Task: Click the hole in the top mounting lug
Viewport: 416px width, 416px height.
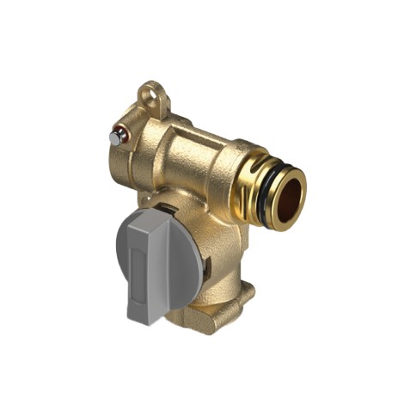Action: (151, 91)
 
